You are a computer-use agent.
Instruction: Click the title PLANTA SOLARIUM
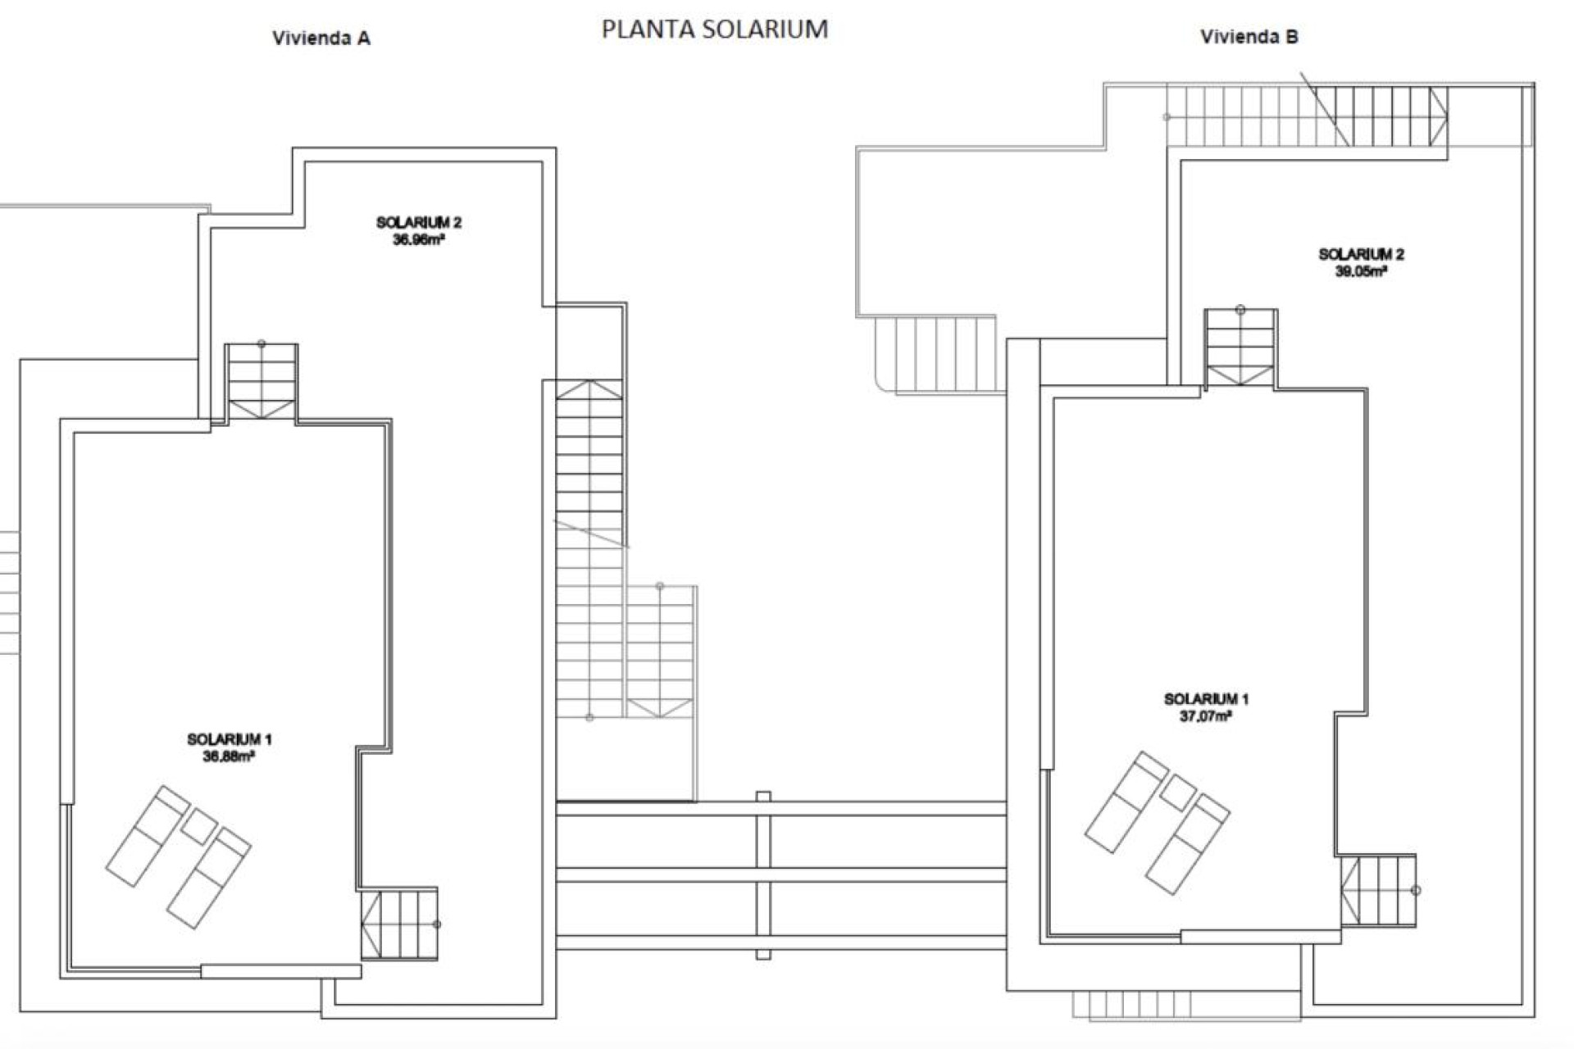pyautogui.click(x=714, y=30)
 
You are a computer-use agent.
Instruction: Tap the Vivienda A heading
pyautogui.click(x=321, y=38)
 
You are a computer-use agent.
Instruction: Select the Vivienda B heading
pyautogui.click(x=1249, y=37)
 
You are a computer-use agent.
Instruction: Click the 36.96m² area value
pyautogui.click(x=418, y=240)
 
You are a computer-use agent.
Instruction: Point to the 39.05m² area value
pyautogui.click(x=1360, y=272)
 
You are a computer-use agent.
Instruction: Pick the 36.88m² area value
pyautogui.click(x=228, y=757)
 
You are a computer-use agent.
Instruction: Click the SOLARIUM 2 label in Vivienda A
pyautogui.click(x=418, y=222)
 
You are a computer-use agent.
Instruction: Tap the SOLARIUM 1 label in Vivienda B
pyautogui.click(x=1205, y=699)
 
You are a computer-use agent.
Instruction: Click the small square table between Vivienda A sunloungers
pyautogui.click(x=198, y=826)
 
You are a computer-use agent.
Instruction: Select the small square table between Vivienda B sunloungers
pyautogui.click(x=1178, y=792)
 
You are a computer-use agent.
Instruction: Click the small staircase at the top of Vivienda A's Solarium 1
pyautogui.click(x=262, y=382)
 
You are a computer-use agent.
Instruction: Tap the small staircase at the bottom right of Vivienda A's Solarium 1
pyautogui.click(x=399, y=924)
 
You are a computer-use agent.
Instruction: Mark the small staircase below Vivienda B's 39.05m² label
pyautogui.click(x=1240, y=347)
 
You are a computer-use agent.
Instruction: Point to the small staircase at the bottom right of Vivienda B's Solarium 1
pyautogui.click(x=1379, y=891)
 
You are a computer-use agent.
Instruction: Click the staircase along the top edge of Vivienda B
pyautogui.click(x=1307, y=116)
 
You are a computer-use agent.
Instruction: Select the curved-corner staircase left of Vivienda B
pyautogui.click(x=939, y=355)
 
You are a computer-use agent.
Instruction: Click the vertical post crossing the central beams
pyautogui.click(x=763, y=875)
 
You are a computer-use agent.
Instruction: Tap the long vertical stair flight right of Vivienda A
pyautogui.click(x=589, y=549)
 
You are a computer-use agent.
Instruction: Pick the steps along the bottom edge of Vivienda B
pyautogui.click(x=1185, y=1006)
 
